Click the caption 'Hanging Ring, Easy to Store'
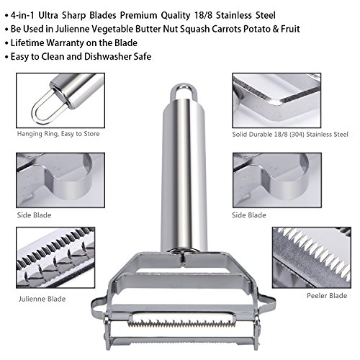(x=58, y=134)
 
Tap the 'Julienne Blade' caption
(x=42, y=299)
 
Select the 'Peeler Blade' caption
(x=327, y=295)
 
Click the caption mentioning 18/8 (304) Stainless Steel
(x=290, y=134)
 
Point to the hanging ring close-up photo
(x=60, y=101)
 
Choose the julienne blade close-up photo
(x=55, y=258)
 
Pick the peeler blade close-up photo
(x=312, y=258)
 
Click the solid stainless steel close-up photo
(x=276, y=101)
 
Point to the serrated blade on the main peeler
(x=182, y=323)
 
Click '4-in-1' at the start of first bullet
(x=23, y=15)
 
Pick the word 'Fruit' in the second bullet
(x=290, y=29)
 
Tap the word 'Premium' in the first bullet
(x=138, y=15)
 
